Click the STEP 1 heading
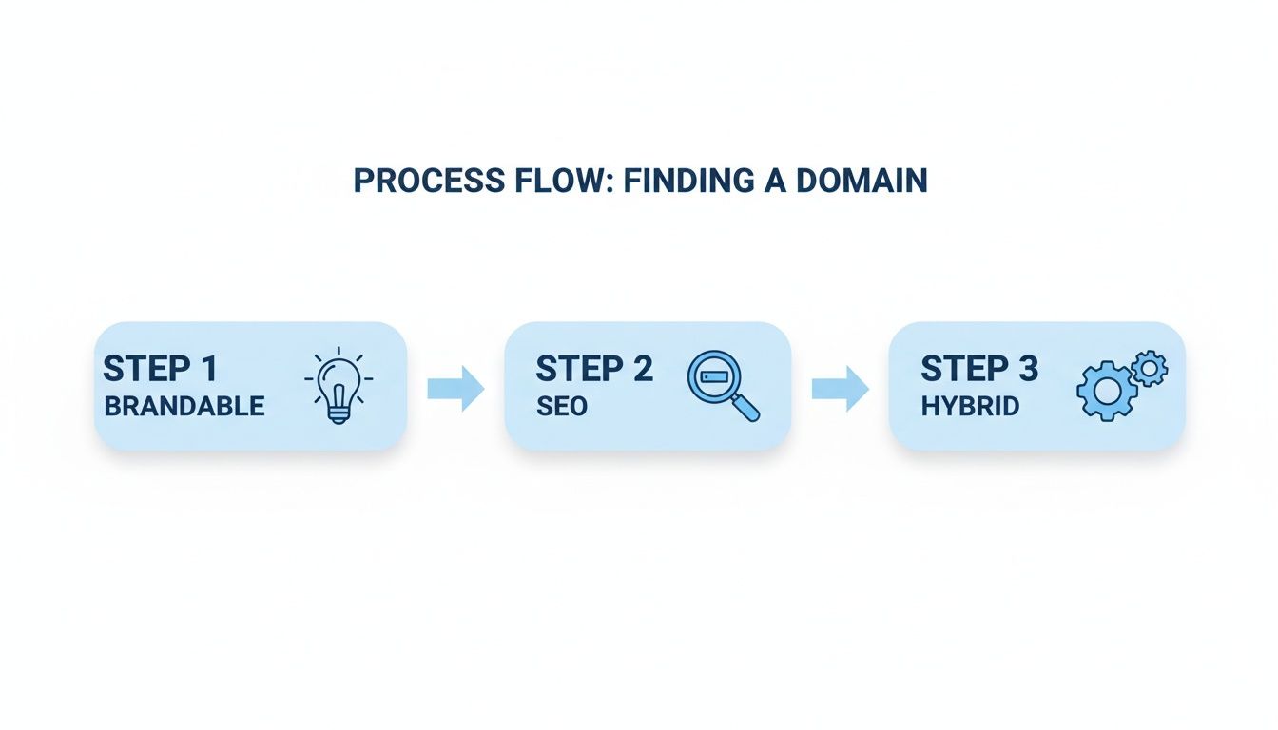click(161, 368)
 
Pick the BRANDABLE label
click(184, 407)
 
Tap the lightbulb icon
click(339, 388)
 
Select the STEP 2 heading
click(594, 368)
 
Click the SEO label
click(561, 407)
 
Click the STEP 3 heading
click(979, 368)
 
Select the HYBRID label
click(970, 407)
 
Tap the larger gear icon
click(1107, 390)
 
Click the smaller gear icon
click(1151, 366)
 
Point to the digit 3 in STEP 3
click(1026, 368)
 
